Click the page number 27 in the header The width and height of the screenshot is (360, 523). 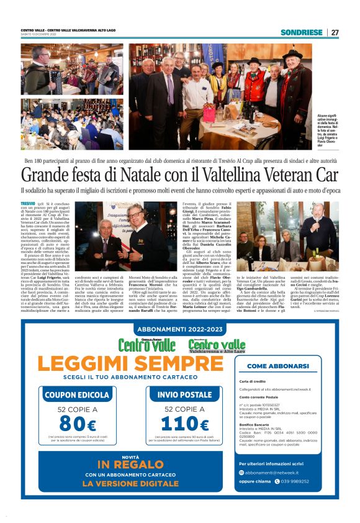coord(335,32)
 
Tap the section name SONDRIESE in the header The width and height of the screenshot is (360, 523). coord(301,32)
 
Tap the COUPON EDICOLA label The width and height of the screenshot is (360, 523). coord(77,394)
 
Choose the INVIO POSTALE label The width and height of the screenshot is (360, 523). coord(185,394)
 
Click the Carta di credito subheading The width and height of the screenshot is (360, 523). coord(253,381)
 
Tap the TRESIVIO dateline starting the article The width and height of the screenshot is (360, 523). coord(28,203)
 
